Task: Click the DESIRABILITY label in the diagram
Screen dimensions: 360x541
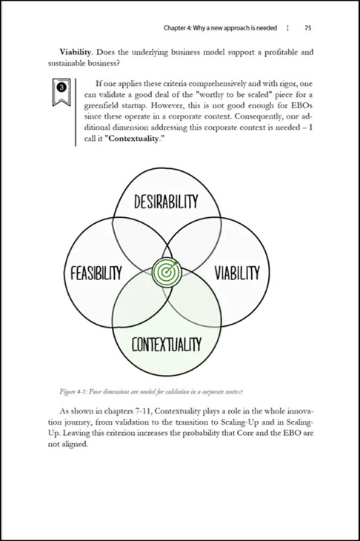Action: click(x=166, y=202)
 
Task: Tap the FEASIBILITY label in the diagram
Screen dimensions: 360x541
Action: click(x=96, y=273)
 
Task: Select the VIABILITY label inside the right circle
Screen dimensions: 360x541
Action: click(x=237, y=273)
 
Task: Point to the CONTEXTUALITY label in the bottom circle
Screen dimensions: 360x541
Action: click(x=166, y=345)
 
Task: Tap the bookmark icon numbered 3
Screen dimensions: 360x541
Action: click(x=61, y=92)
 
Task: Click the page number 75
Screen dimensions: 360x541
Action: click(x=308, y=28)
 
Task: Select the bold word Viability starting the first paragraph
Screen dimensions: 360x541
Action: click(x=76, y=53)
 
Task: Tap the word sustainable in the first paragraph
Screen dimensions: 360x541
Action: click(x=64, y=64)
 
